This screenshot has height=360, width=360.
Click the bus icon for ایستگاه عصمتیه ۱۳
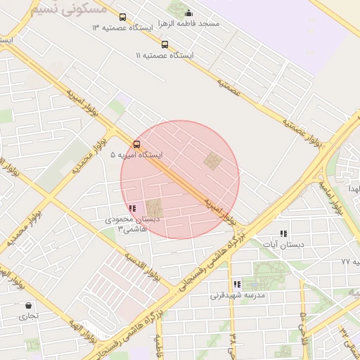click(x=123, y=17)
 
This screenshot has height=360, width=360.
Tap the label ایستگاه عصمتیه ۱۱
click(x=167, y=55)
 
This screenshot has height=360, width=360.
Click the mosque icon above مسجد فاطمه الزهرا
click(x=188, y=13)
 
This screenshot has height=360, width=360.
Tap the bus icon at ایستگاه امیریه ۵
click(x=136, y=145)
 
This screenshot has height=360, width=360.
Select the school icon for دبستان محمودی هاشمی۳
click(x=132, y=208)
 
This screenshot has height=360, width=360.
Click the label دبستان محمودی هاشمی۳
click(x=132, y=224)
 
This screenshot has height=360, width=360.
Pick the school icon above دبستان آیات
click(x=283, y=233)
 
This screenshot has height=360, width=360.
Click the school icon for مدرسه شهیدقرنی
click(x=237, y=285)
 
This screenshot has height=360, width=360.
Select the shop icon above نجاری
click(x=29, y=306)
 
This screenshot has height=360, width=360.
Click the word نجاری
click(x=29, y=316)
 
